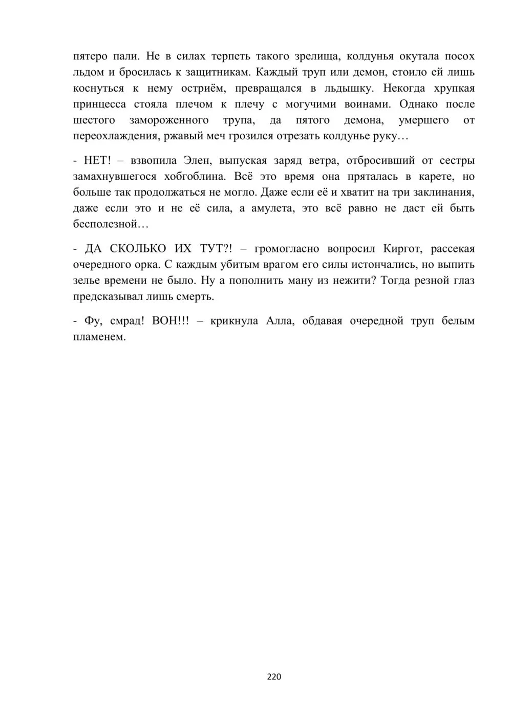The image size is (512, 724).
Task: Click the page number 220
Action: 274,677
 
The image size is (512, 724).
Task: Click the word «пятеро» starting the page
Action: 90,56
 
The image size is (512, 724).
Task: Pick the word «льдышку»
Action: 347,88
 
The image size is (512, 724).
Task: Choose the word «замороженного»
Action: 169,120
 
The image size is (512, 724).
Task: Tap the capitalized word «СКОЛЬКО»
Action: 138,249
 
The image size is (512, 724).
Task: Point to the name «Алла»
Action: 280,322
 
